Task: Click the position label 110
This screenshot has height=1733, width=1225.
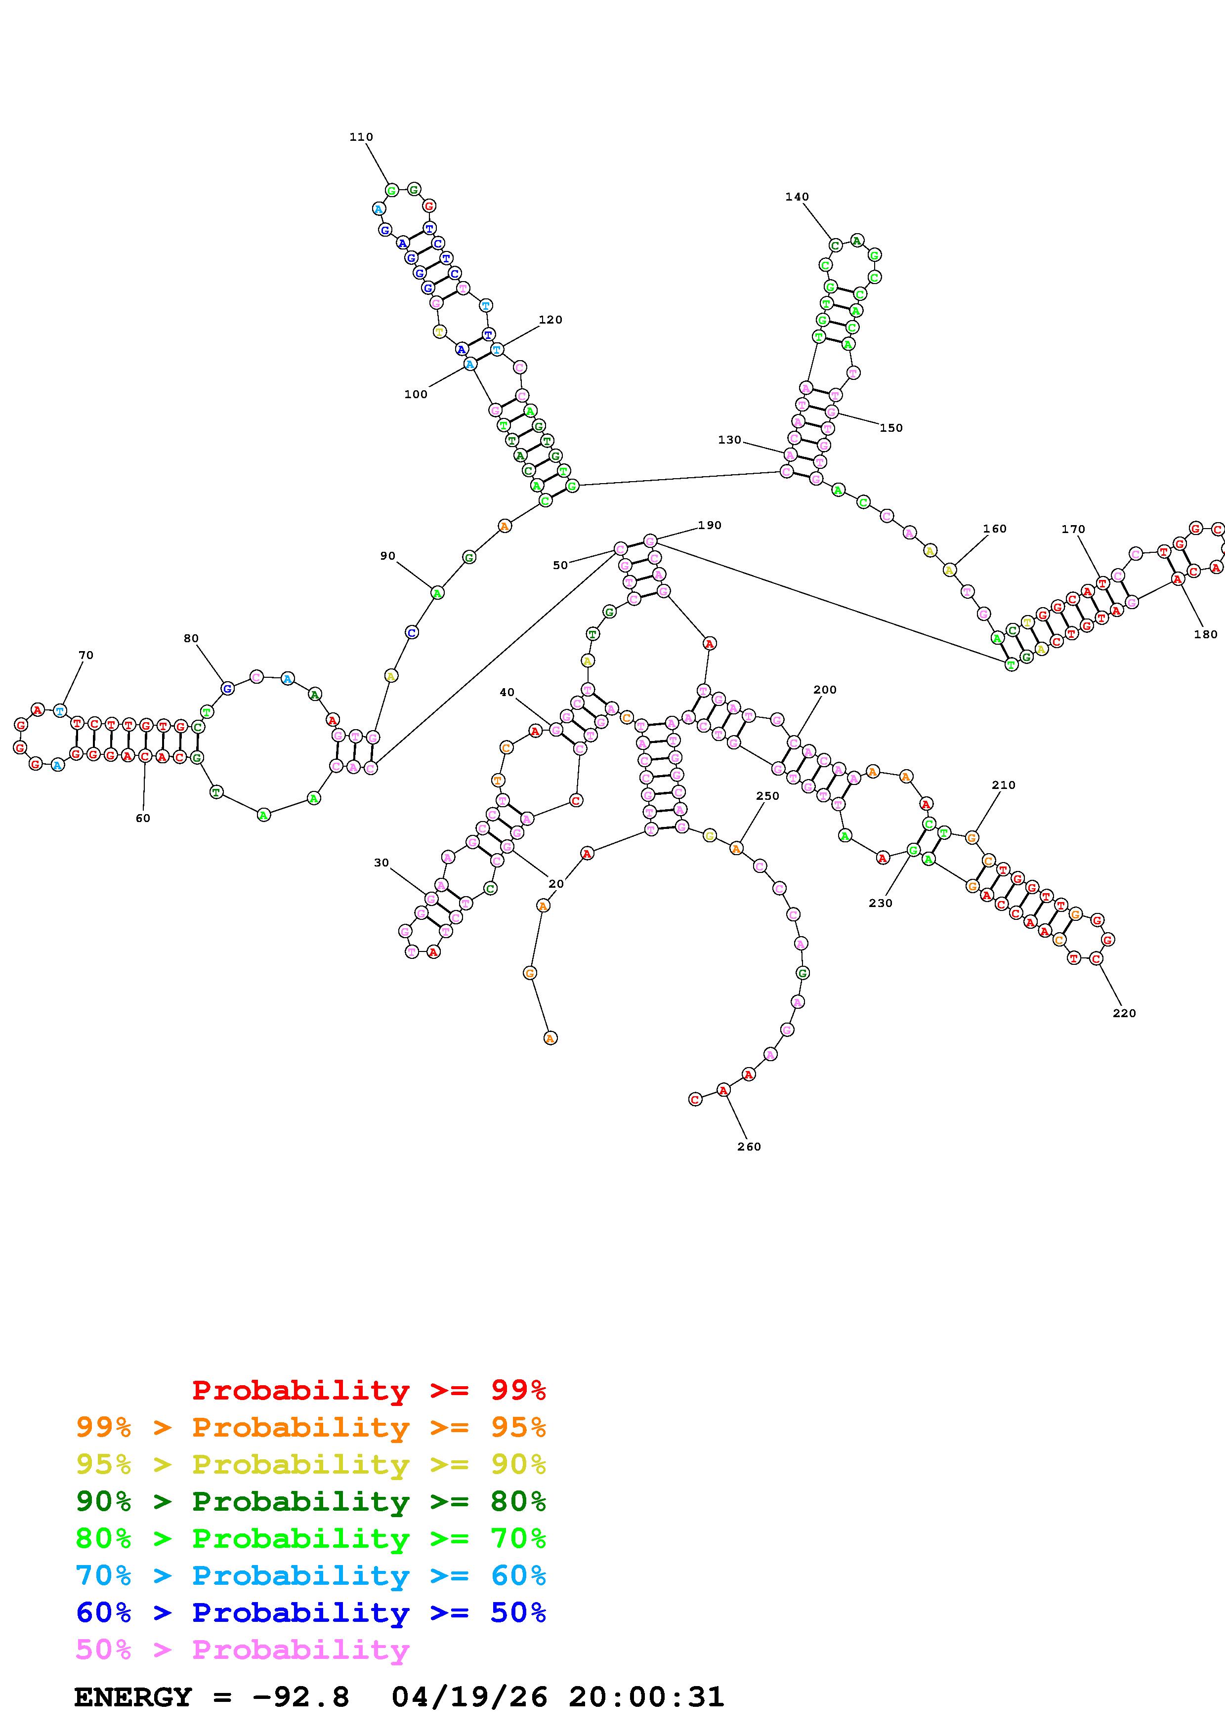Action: pos(361,137)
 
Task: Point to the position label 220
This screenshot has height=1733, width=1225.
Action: pos(1124,1013)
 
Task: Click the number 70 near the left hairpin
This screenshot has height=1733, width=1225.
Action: pos(86,655)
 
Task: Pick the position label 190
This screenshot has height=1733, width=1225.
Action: pos(710,525)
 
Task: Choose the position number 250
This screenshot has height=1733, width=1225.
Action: pos(767,795)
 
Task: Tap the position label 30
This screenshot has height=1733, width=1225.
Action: pos(381,863)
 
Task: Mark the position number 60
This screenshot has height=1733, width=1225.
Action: pos(143,818)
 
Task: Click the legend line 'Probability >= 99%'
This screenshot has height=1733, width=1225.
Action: pos(369,1390)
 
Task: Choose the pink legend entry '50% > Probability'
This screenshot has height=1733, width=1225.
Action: pos(242,1649)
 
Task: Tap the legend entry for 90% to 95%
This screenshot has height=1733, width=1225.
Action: pos(310,1464)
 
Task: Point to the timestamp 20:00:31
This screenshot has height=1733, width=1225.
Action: pos(646,1697)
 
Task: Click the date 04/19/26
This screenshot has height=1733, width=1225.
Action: pos(469,1697)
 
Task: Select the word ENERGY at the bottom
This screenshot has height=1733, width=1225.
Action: pos(133,1697)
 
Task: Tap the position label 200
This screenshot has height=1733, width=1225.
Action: pos(825,690)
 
